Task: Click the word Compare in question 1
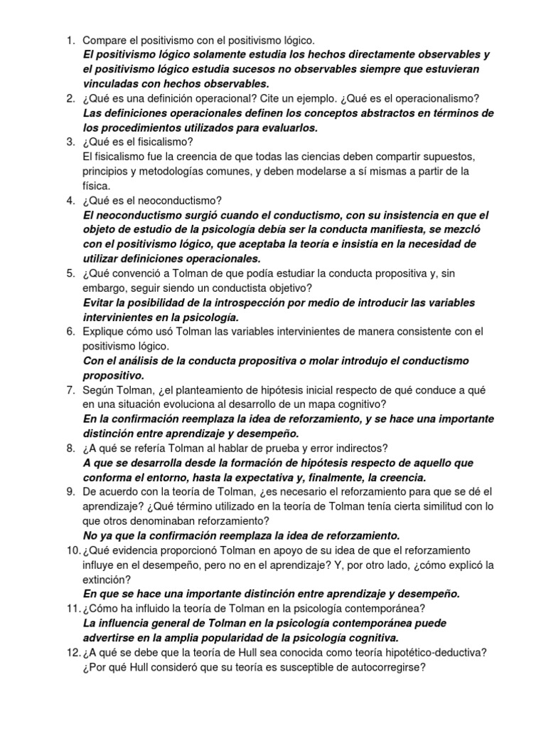coord(106,40)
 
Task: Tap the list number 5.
coord(70,273)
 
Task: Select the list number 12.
coord(73,651)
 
